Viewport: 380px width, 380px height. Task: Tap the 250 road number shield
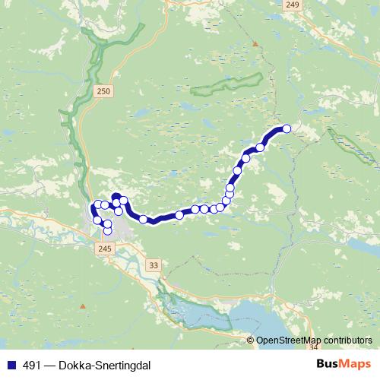click(104, 91)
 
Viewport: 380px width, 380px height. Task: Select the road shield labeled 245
click(105, 248)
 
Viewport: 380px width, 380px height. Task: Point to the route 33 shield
click(155, 264)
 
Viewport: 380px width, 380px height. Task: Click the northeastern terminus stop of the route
click(287, 128)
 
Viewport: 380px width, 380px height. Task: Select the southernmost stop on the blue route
click(107, 230)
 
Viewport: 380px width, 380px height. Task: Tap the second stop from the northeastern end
click(261, 147)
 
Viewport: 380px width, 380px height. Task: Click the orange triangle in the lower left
click(82, 306)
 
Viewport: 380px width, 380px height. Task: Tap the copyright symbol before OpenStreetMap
click(251, 341)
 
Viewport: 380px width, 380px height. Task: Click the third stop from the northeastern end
click(245, 160)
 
